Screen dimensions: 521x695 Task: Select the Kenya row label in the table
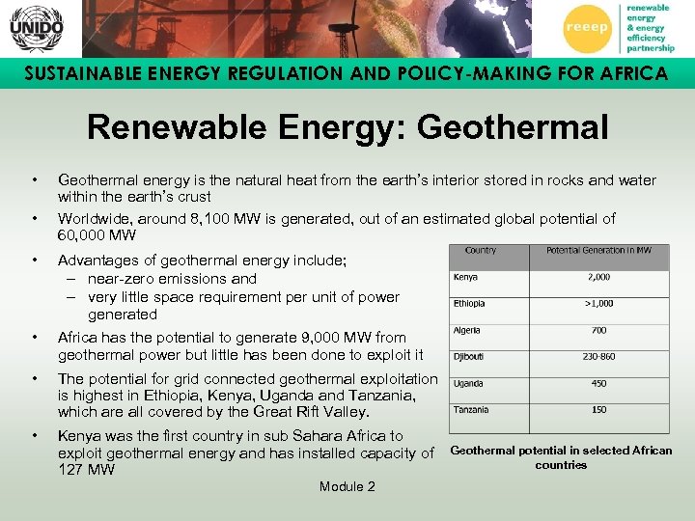467,277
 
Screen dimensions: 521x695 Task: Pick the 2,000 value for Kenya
598,277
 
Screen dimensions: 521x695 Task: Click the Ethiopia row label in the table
470,304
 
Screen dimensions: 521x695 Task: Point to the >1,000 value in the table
598,304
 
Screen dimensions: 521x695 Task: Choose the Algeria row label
468,330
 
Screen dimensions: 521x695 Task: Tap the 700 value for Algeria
598,330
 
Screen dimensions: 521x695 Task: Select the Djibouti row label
470,357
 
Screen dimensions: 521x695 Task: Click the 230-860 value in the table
598,357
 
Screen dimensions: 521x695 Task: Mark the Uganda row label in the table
469,383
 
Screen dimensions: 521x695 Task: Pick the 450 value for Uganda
598,383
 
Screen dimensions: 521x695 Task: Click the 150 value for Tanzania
598,410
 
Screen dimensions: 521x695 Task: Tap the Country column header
481,251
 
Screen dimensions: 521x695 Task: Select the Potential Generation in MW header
599,251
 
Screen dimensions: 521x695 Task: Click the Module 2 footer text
347,486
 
